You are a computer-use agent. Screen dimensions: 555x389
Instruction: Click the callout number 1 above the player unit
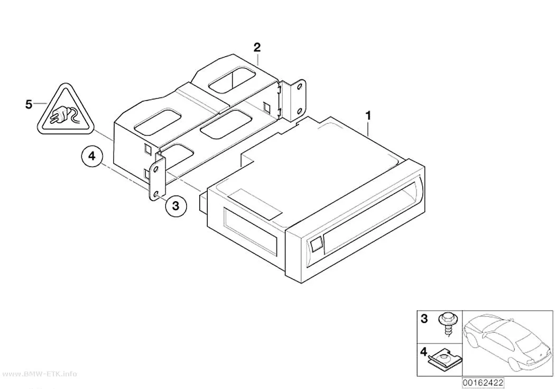(368, 115)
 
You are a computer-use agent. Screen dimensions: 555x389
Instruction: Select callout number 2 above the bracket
(256, 47)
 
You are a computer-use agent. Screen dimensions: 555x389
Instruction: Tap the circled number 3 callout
(176, 205)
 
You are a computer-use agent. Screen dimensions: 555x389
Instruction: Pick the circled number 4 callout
(91, 156)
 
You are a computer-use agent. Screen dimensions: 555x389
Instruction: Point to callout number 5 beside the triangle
(29, 104)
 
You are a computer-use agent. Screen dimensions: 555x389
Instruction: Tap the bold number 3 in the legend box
(424, 319)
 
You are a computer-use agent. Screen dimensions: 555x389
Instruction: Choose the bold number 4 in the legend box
(424, 352)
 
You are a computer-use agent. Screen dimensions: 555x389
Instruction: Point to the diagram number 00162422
(483, 383)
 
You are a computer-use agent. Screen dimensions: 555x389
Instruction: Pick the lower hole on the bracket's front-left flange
(156, 193)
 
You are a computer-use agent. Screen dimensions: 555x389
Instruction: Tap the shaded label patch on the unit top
(255, 205)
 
